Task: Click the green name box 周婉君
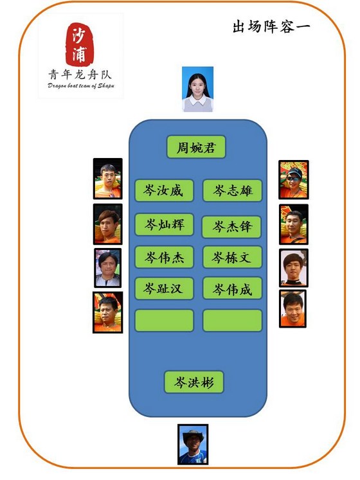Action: tap(196, 147)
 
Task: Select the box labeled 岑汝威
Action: tap(164, 190)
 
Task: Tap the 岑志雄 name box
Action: tap(232, 190)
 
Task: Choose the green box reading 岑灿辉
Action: tap(164, 224)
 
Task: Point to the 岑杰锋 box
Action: tap(231, 227)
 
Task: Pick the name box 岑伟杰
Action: tap(164, 257)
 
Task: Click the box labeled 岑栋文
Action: tap(232, 257)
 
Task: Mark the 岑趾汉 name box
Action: tap(164, 289)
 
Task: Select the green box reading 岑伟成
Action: tap(232, 289)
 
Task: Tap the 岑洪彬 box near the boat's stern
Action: tap(194, 382)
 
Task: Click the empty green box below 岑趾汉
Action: tap(164, 321)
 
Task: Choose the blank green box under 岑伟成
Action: tap(232, 321)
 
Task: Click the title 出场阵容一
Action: tap(271, 26)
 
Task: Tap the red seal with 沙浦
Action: tap(79, 44)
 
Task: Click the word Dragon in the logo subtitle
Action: tap(57, 85)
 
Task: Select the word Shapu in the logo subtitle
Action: tap(106, 85)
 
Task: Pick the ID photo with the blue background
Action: tap(197, 89)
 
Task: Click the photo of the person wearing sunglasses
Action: tap(294, 179)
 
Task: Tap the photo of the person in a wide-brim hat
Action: tap(193, 444)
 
